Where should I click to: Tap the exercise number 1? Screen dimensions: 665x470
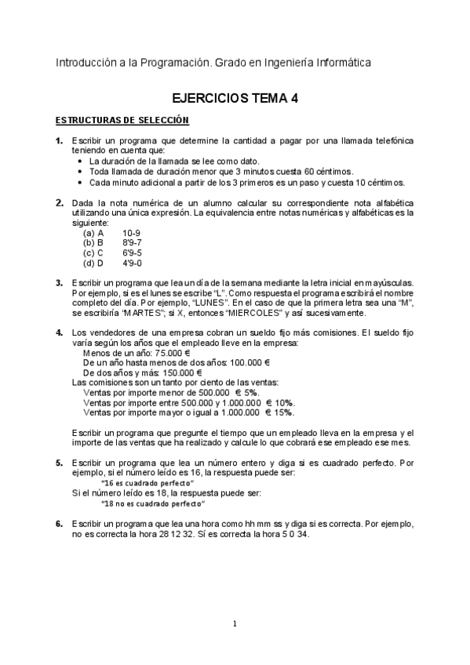[59, 140]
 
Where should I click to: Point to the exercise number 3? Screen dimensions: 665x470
[59, 282]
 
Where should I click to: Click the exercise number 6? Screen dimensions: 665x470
[59, 523]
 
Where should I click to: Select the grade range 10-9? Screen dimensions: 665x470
[132, 233]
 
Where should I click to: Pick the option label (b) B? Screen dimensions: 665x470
[93, 243]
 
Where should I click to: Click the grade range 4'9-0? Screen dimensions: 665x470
[132, 263]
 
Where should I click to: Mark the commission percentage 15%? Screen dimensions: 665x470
[284, 412]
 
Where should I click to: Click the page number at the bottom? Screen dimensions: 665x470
[235, 624]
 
